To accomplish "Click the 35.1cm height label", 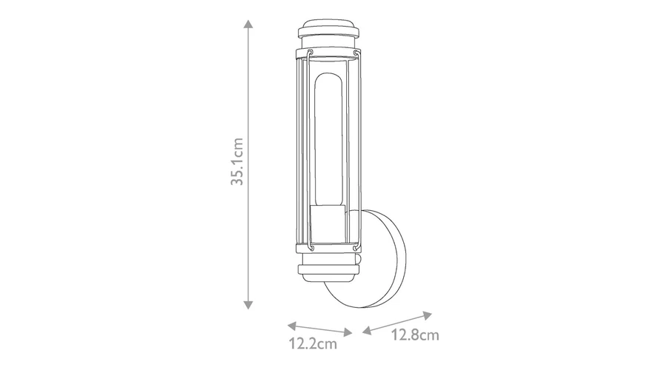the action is click(x=237, y=161).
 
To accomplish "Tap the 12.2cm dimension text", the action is click(x=313, y=343).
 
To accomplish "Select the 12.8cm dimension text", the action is click(x=415, y=335).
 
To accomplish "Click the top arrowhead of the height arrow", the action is click(x=248, y=24).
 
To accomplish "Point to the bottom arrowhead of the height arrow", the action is click(x=248, y=305).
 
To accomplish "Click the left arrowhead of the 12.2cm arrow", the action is click(x=292, y=326).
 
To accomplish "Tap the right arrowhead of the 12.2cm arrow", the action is click(x=348, y=332).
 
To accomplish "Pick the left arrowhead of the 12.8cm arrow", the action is click(x=367, y=330).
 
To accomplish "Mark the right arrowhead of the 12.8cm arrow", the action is click(x=427, y=316).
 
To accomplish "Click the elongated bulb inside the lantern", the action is click(x=328, y=140).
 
